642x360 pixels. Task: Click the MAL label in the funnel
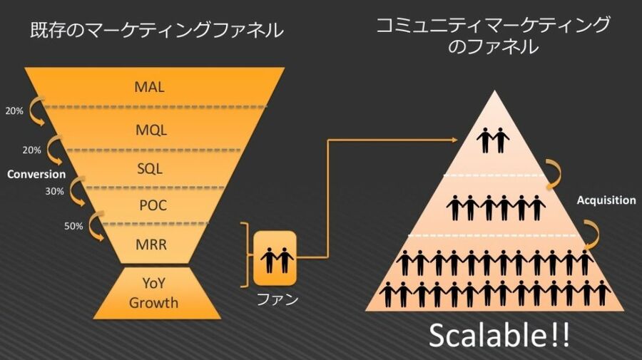[150, 87]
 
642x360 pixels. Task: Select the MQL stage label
[151, 130]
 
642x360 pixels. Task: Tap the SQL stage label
[150, 168]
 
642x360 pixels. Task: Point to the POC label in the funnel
[153, 205]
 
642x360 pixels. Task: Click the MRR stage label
[151, 245]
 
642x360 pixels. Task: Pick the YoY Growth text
[153, 293]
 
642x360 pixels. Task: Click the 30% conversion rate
[54, 191]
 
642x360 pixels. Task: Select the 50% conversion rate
[73, 226]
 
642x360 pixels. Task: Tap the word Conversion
[36, 174]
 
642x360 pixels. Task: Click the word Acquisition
[606, 200]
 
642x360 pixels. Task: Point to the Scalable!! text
[499, 336]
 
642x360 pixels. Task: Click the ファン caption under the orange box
[277, 299]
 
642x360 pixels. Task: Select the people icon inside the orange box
[277, 260]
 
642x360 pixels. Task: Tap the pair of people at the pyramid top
[493, 140]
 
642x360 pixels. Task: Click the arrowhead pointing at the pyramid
[454, 140]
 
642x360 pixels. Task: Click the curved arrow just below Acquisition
[591, 235]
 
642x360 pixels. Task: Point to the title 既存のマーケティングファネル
[156, 30]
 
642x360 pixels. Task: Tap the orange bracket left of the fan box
[245, 255]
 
